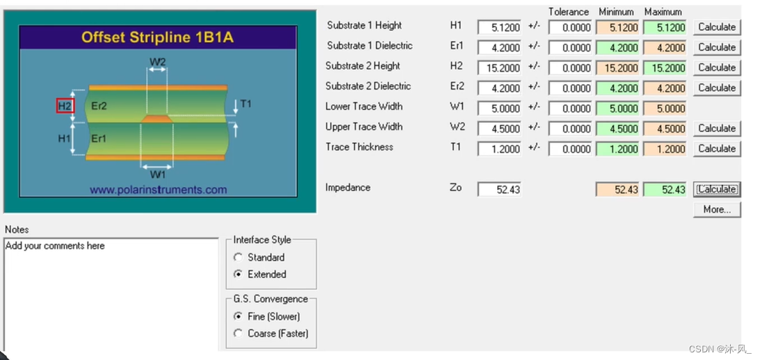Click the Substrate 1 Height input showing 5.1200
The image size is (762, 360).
pyautogui.click(x=499, y=28)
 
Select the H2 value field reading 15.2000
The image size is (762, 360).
pyautogui.click(x=499, y=68)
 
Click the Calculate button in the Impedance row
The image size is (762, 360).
pyautogui.click(x=716, y=189)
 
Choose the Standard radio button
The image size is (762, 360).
pyautogui.click(x=238, y=257)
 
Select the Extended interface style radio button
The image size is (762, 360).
pyautogui.click(x=238, y=275)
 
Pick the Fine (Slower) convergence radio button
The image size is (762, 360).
pyautogui.click(x=238, y=316)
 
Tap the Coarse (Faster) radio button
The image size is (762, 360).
pyautogui.click(x=238, y=334)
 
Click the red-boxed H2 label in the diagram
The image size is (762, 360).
pyautogui.click(x=65, y=106)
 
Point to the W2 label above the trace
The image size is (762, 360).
pyautogui.click(x=158, y=62)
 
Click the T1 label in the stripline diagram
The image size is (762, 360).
pyautogui.click(x=245, y=104)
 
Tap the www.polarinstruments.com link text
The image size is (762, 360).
pyautogui.click(x=159, y=190)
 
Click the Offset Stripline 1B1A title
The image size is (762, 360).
pyautogui.click(x=158, y=38)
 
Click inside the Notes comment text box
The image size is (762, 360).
pyautogui.click(x=111, y=292)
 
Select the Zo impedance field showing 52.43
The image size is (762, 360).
pyautogui.click(x=499, y=189)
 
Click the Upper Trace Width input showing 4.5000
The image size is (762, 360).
pyautogui.click(x=499, y=129)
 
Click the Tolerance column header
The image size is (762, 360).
pyautogui.click(x=568, y=12)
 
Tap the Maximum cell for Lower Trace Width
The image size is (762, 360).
pyautogui.click(x=665, y=108)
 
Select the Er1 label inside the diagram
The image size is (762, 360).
pyautogui.click(x=99, y=138)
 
